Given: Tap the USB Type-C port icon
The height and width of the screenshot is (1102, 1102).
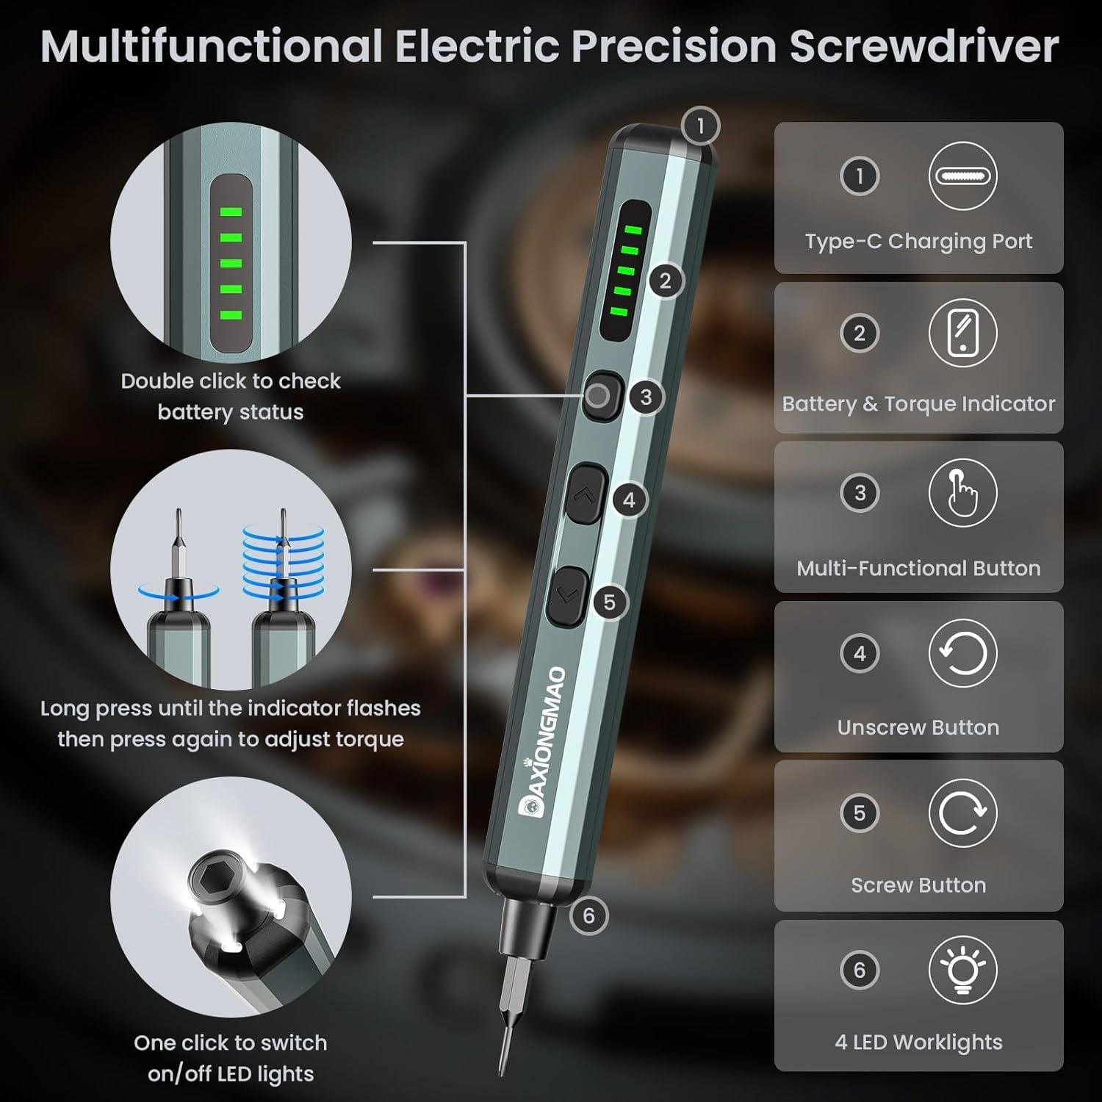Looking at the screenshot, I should point(962,176).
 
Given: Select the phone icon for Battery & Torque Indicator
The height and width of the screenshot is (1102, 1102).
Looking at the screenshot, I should point(962,334).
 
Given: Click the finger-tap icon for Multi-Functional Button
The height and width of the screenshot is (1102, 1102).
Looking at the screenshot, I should point(962,493).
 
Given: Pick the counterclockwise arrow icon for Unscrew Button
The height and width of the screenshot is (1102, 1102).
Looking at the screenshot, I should point(962,653).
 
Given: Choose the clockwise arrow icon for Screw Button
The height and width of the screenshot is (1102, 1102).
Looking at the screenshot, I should point(962,813).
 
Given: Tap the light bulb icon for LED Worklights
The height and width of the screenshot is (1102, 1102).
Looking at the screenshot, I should point(962,970).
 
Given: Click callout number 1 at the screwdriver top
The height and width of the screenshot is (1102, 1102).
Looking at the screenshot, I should point(699,126).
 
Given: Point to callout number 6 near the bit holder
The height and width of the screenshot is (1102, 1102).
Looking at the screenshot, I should point(588,915).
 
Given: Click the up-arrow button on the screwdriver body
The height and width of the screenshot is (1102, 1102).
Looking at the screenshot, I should point(586,494).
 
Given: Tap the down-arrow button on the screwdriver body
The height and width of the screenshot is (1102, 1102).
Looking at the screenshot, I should point(566,597).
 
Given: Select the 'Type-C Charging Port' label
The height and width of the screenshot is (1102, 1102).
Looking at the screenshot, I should point(918,241).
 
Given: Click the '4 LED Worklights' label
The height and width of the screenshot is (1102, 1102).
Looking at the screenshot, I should point(918,1042).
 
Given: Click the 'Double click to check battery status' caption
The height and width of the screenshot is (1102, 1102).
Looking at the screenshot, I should point(231,396).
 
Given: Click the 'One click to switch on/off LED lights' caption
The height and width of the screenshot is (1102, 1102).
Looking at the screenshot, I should point(231,1058).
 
